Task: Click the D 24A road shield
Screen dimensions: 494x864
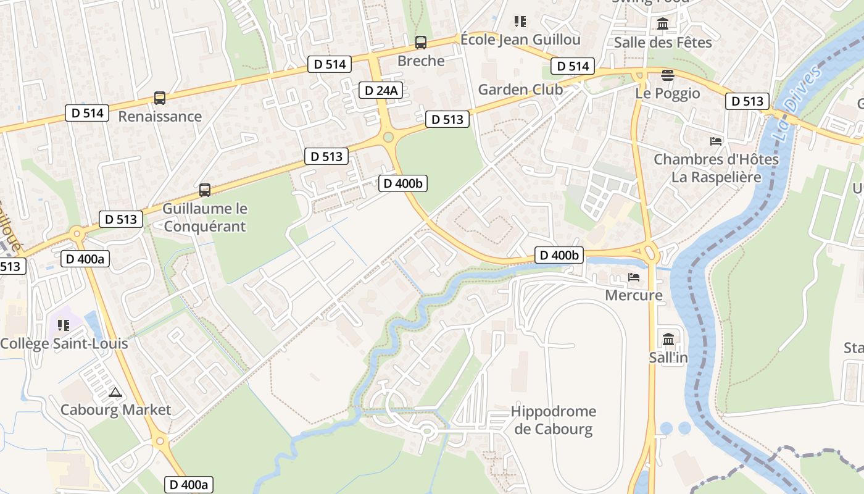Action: [x=381, y=91]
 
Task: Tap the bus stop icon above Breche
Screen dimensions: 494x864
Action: [x=421, y=43]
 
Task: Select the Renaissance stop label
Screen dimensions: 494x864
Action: [x=160, y=116]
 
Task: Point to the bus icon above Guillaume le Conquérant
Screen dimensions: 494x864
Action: [x=205, y=190]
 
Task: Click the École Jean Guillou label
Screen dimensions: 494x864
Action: [x=520, y=40]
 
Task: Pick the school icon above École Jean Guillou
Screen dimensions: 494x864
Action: [x=520, y=22]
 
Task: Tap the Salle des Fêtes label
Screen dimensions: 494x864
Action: [x=663, y=42]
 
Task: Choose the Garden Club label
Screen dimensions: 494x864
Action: [x=520, y=90]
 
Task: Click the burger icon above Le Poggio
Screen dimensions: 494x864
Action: [x=667, y=75]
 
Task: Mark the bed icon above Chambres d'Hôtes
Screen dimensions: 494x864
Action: [x=716, y=141]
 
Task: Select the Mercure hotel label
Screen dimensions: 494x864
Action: [x=633, y=295]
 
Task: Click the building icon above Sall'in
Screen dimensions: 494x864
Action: [x=668, y=339]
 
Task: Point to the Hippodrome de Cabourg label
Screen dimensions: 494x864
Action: [x=554, y=420]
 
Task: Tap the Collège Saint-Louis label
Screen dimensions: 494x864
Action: [x=64, y=343]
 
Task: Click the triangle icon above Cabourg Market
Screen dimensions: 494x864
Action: [x=115, y=392]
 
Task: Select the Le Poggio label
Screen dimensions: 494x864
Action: [x=668, y=93]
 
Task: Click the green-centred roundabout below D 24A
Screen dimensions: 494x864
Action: [x=388, y=137]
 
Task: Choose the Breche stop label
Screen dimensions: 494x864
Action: [x=421, y=61]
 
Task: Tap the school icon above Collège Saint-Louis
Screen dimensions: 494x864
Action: [x=64, y=325]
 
